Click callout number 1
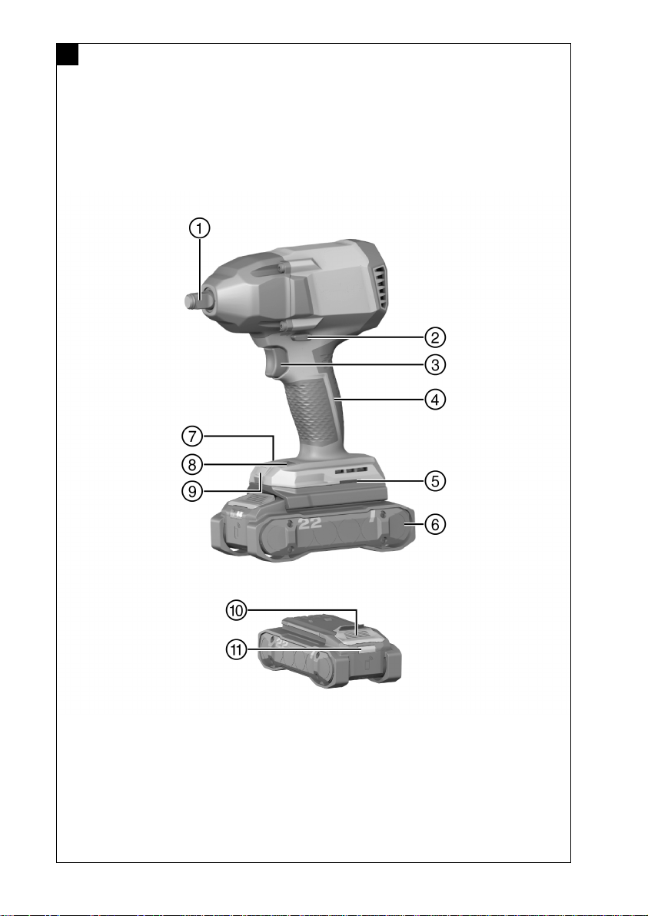click(x=199, y=227)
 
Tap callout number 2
click(x=435, y=337)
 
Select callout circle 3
click(x=435, y=364)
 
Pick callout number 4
click(x=435, y=400)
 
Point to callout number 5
click(x=435, y=481)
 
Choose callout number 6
click(x=435, y=524)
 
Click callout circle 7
click(x=192, y=436)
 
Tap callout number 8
click(x=192, y=464)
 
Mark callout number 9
click(x=192, y=491)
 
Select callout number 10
click(x=237, y=610)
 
